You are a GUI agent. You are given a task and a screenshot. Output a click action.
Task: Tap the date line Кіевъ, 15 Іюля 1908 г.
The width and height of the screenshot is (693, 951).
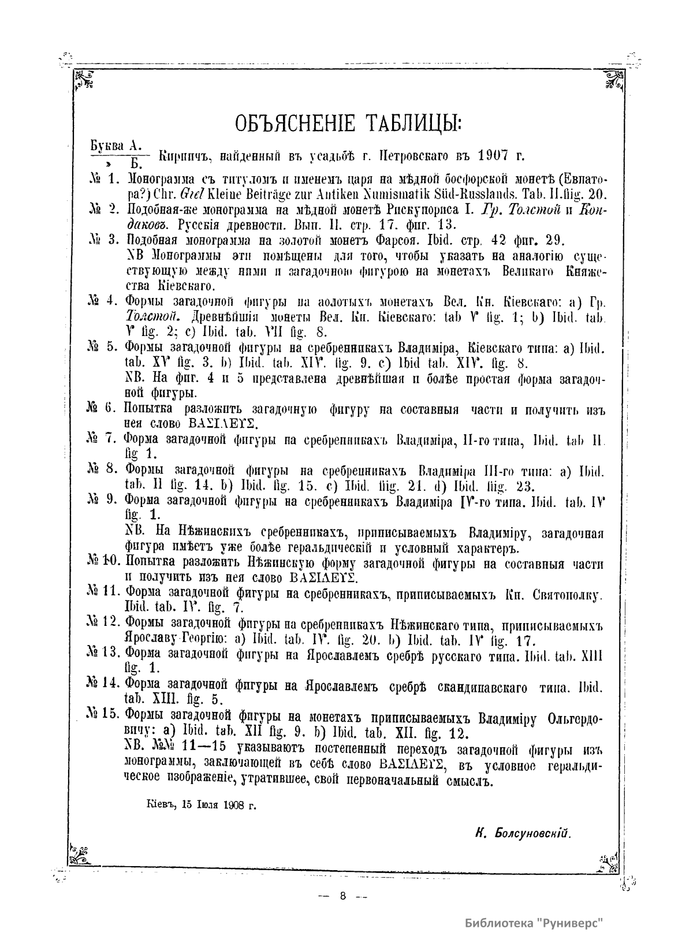[x=202, y=804]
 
